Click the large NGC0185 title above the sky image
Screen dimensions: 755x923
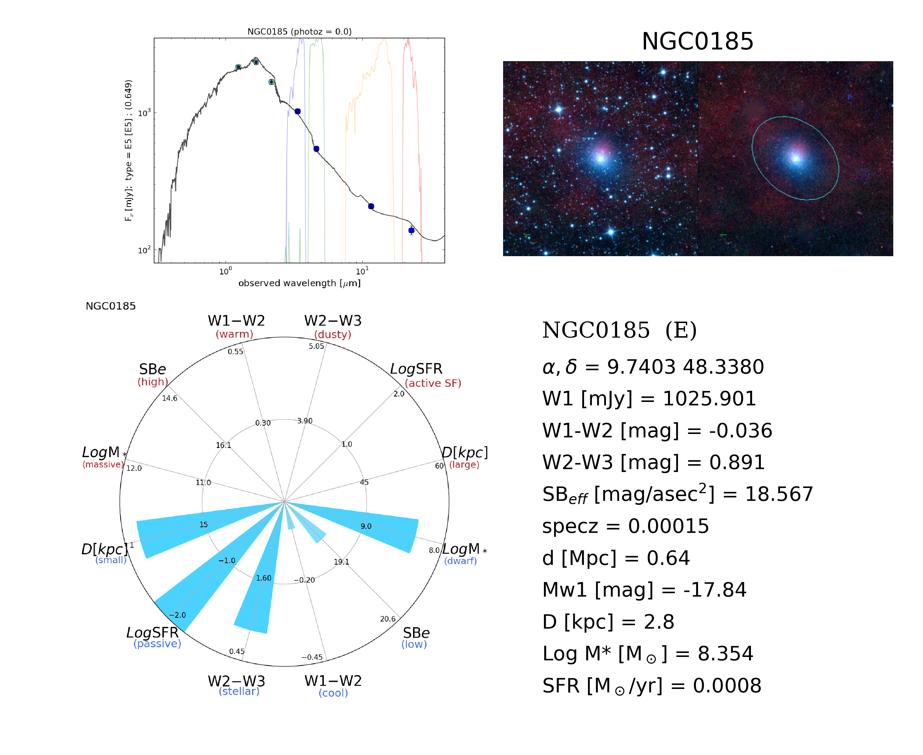(x=697, y=41)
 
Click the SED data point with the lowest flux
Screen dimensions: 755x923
(x=411, y=230)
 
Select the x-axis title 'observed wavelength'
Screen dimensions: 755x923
(x=299, y=283)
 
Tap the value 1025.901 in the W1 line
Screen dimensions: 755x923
(x=709, y=399)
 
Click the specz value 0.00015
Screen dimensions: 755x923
(x=668, y=526)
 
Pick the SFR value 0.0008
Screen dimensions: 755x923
(x=727, y=686)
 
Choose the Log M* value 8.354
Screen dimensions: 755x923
(x=725, y=654)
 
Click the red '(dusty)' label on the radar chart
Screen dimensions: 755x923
(x=333, y=334)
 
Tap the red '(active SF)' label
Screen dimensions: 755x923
(x=432, y=383)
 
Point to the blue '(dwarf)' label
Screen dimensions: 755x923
(x=460, y=561)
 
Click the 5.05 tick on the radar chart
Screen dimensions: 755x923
(x=316, y=346)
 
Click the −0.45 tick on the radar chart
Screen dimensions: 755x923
(x=312, y=657)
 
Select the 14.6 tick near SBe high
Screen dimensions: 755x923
(x=170, y=399)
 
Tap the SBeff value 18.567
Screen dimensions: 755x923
(x=779, y=495)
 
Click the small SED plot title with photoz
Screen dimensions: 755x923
(x=299, y=32)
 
